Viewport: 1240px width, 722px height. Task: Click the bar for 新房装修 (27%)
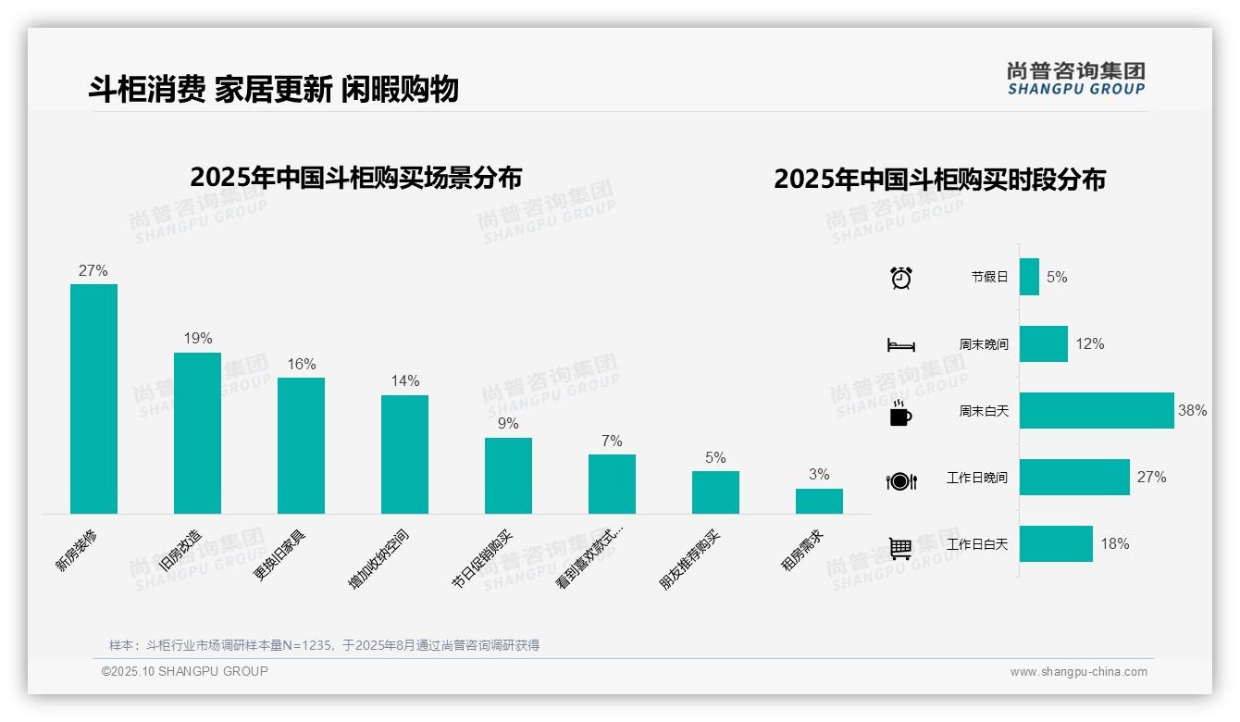point(93,398)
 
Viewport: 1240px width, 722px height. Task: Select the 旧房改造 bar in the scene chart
point(197,432)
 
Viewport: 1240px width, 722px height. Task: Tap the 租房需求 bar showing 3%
point(819,501)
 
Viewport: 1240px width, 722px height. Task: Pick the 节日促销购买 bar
point(508,475)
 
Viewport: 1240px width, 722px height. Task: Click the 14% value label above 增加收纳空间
point(404,380)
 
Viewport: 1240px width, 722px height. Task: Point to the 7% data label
point(612,441)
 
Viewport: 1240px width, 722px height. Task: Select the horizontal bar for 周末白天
point(1097,410)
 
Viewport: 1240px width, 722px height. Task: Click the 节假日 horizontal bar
point(1029,277)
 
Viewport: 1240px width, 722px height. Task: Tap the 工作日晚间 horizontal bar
point(1074,477)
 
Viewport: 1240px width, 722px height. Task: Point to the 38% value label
point(1192,410)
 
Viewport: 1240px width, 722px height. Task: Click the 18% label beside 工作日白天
point(1114,543)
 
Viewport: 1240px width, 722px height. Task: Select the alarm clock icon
point(900,278)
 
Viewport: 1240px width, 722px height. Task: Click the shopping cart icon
point(900,548)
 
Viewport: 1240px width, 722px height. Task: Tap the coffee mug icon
point(900,413)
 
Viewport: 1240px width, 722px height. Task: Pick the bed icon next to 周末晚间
point(900,345)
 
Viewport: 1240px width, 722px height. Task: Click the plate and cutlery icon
point(900,480)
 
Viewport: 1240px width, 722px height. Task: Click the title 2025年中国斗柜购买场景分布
point(355,178)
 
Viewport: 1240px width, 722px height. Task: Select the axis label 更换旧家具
point(280,554)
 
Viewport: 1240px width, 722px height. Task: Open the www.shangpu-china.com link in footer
point(1078,672)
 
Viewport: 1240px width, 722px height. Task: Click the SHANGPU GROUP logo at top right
point(1075,79)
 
